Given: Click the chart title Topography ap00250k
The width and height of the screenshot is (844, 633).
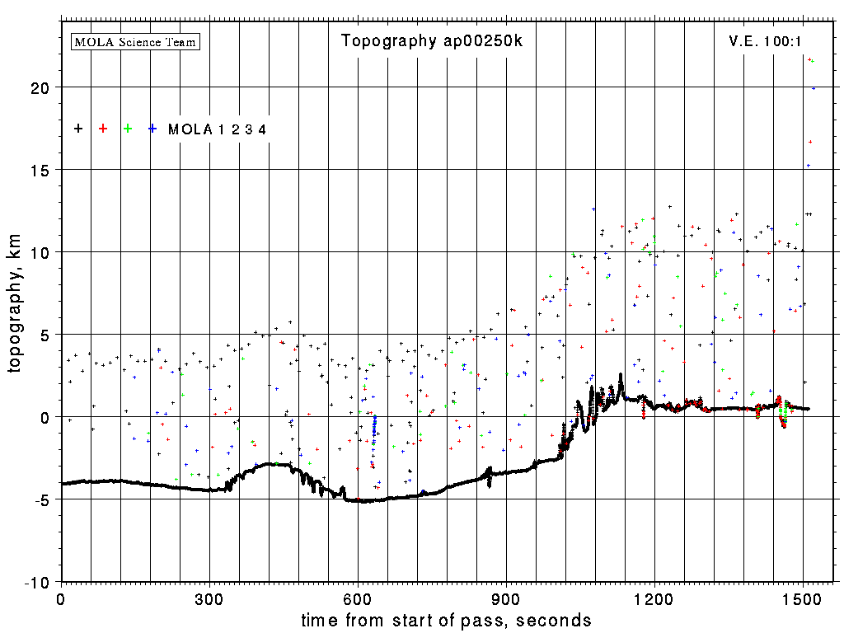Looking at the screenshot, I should pos(431,41).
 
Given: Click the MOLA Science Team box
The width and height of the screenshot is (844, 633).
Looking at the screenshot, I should pos(136,41).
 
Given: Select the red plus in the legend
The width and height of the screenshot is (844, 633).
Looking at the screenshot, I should pos(103,129).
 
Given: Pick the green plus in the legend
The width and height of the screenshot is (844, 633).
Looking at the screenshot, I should pos(128,129).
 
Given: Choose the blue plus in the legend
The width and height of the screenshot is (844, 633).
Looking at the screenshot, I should pos(152,129).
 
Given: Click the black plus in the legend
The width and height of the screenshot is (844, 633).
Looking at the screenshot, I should pos(78,129).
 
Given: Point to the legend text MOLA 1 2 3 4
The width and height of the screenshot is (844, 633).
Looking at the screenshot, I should pos(217,129).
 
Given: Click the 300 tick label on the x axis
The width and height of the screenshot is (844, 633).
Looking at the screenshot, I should pos(209,597).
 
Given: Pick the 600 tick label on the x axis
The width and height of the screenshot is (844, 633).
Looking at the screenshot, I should pos(358,597).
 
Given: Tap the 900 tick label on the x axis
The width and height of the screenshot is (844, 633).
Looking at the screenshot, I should pos(506,597).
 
